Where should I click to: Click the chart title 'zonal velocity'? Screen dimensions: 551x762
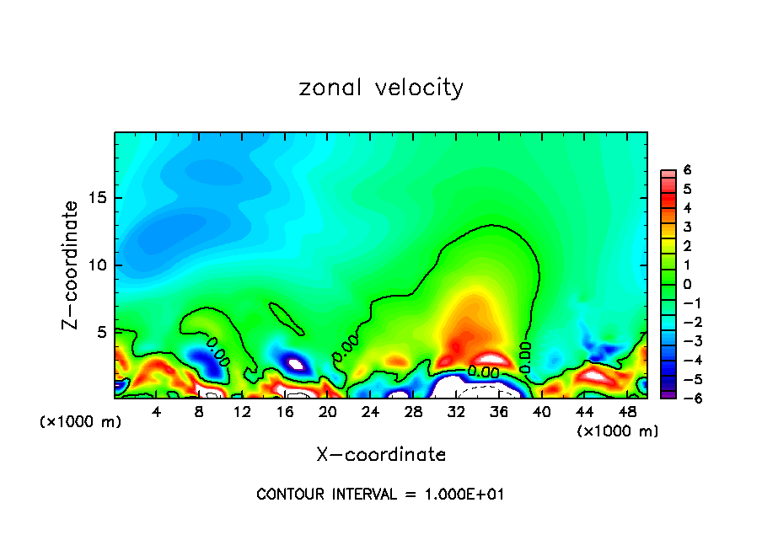tap(381, 88)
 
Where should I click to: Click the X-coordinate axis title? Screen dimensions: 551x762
tap(381, 455)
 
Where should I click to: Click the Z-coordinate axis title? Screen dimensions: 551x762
tap(71, 265)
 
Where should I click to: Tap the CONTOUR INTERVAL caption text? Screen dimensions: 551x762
tap(380, 495)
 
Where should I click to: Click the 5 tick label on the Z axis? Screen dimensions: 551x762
tap(101, 332)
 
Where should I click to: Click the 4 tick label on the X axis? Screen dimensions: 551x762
tap(157, 412)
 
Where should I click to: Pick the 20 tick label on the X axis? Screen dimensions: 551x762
tap(328, 412)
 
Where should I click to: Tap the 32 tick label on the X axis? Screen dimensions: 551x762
tap(456, 412)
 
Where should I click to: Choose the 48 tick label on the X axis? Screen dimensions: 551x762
tap(627, 412)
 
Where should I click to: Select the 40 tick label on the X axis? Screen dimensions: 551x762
tap(541, 412)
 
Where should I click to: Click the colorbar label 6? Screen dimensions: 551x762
tap(687, 170)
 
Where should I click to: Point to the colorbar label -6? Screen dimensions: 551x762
tap(684, 397)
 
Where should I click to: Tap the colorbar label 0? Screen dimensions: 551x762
tap(687, 284)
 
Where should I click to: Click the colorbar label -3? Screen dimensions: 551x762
tap(684, 340)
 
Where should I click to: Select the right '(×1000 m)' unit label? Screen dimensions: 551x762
tap(618, 431)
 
